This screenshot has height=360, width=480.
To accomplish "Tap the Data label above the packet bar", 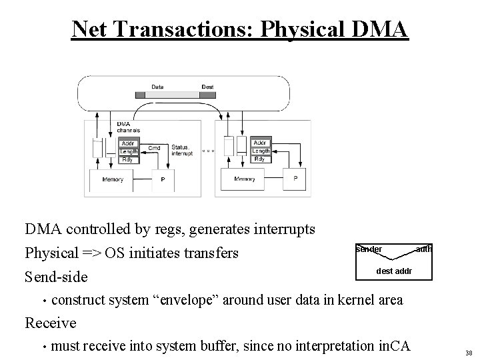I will [157, 87].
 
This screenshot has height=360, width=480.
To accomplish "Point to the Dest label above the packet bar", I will [208, 87].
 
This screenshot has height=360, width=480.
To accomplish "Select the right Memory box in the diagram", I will [245, 179].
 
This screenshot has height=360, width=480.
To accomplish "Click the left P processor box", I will [163, 179].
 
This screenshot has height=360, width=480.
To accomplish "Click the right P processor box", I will [295, 179].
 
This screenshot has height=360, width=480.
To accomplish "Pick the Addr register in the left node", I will [128, 143].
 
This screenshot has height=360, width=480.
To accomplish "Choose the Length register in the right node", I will [261, 151].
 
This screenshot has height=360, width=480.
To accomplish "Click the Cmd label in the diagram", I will [154, 147].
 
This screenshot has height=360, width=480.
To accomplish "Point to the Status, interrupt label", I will [182, 150].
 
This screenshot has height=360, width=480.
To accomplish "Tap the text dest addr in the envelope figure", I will [394, 271].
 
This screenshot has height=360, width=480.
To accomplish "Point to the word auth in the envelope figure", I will [424, 249].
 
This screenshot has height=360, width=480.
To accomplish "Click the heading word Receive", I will [50, 323].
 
